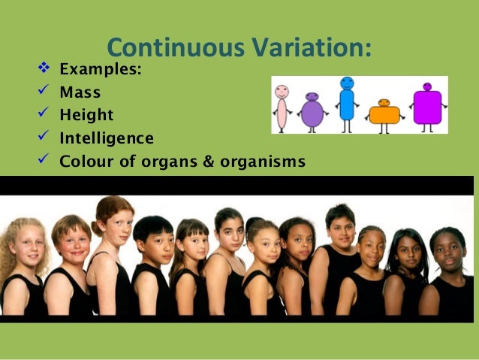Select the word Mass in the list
80,93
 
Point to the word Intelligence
107,138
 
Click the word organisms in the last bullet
262,161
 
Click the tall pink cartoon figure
282,107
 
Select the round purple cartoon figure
312,111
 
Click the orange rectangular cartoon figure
384,113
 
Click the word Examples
100,71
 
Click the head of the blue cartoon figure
347,83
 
